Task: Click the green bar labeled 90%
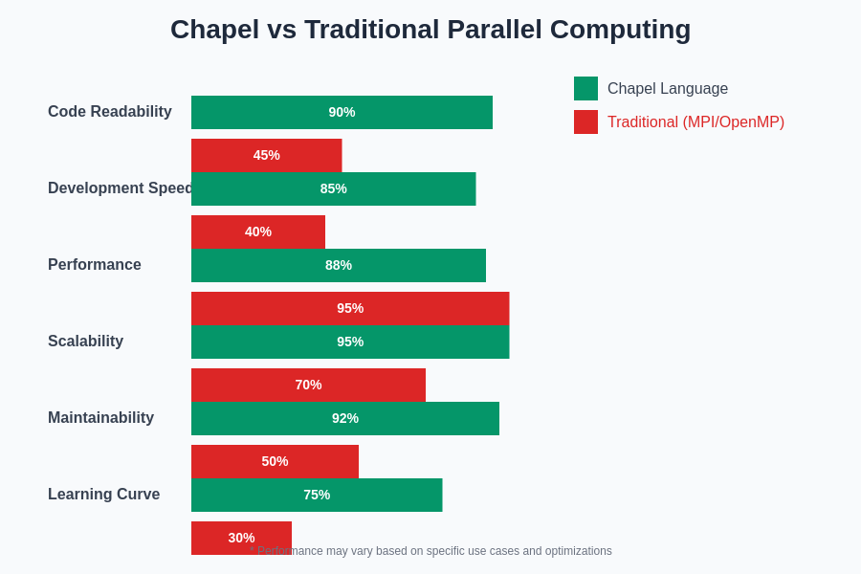tap(342, 112)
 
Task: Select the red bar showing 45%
tap(266, 155)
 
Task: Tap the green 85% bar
tap(333, 188)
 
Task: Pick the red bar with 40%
tap(258, 232)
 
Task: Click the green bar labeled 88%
tap(339, 265)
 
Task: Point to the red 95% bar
tap(350, 308)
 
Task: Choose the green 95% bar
tap(350, 342)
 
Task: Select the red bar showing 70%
tap(308, 385)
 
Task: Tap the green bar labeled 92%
tap(345, 418)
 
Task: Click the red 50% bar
tap(275, 461)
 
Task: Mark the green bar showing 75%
tap(317, 495)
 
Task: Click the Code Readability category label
tap(110, 112)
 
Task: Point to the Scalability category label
tap(86, 342)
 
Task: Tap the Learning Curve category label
tap(104, 495)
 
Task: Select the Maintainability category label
tap(101, 418)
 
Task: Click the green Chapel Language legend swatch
tap(585, 89)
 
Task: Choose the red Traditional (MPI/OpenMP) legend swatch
tap(585, 122)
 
